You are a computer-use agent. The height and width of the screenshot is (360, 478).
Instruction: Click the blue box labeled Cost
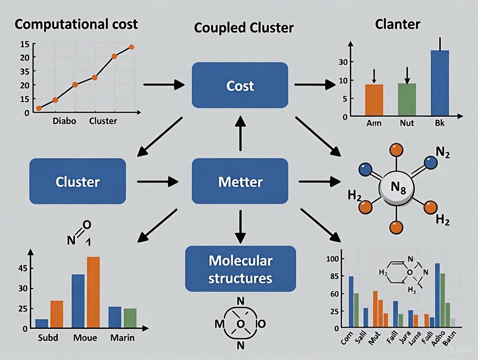pos(240,85)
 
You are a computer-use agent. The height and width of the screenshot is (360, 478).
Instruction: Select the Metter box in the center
pos(240,181)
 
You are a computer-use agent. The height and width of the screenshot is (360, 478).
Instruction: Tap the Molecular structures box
pos(240,269)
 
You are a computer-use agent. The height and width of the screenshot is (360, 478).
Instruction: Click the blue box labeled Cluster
pos(78,181)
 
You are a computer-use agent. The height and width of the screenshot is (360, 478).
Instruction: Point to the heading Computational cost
pos(76,24)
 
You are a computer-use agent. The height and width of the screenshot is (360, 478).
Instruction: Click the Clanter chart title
pos(397,24)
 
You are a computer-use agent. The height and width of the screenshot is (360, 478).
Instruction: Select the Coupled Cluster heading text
pos(244,28)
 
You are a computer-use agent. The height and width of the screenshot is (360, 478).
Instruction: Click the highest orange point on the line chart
pos(131,47)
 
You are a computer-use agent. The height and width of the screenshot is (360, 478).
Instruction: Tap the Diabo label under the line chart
pos(64,121)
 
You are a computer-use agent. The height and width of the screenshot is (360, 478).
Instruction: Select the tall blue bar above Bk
pos(440,83)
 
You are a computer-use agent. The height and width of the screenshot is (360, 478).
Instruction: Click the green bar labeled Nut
pos(407,100)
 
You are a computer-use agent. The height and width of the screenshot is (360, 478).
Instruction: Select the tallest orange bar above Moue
pos(94,292)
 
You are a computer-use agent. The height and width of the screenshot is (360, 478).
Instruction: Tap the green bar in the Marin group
pos(130,318)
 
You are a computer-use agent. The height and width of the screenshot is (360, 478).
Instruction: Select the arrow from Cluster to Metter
pos(158,181)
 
